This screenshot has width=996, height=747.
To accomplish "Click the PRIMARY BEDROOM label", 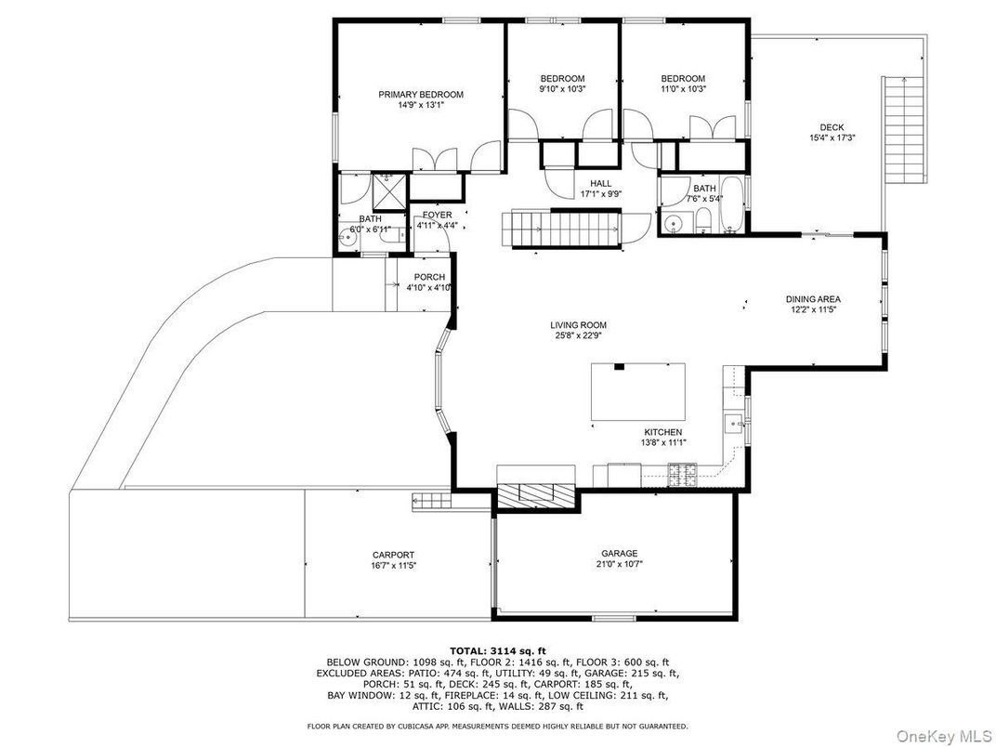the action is [x=421, y=95].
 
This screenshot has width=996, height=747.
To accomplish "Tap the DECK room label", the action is [x=832, y=127].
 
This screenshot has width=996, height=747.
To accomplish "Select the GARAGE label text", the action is [x=620, y=553].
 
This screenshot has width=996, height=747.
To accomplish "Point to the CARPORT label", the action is [x=393, y=555].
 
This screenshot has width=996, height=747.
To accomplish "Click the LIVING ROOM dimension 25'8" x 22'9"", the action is [x=578, y=335].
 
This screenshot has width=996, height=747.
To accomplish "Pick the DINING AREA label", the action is [x=813, y=299].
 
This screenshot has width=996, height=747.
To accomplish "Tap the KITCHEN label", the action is [x=663, y=432].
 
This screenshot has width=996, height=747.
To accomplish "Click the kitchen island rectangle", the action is [x=637, y=392].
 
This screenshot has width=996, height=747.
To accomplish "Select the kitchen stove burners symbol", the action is [x=682, y=476].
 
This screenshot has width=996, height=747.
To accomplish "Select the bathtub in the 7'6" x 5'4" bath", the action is [x=731, y=204].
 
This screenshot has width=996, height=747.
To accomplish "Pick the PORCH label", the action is [x=429, y=277].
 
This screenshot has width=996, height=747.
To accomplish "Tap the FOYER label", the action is [x=437, y=215].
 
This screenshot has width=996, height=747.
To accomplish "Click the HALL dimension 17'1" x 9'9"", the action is [x=600, y=194].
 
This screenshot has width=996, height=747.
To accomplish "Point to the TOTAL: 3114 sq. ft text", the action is [x=497, y=650].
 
